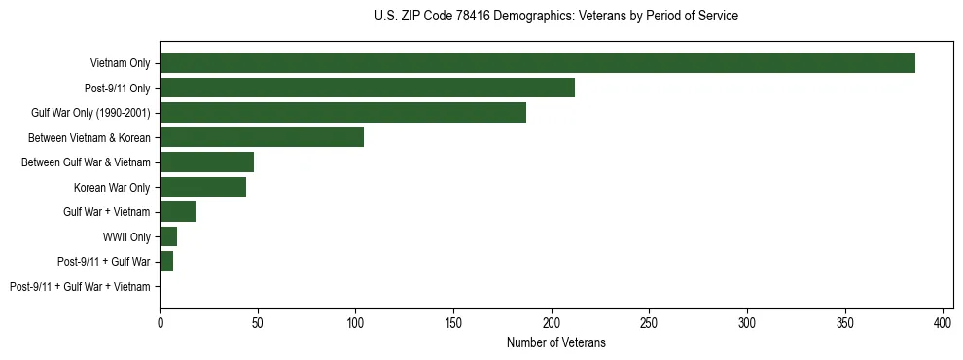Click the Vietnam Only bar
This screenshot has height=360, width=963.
point(537,63)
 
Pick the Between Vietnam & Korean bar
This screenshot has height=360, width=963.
point(262,137)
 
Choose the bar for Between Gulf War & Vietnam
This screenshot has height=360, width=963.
point(206,162)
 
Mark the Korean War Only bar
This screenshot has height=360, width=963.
point(202,187)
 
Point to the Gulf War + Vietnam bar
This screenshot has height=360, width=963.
point(178,212)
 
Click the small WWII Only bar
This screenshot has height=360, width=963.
point(168,236)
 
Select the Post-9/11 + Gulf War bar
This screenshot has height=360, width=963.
point(166,262)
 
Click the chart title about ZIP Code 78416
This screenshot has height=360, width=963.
point(555,17)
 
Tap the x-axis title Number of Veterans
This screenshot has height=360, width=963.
point(555,342)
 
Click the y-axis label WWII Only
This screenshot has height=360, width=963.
point(126,236)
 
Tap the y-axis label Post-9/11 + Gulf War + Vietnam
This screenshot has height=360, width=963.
point(80,287)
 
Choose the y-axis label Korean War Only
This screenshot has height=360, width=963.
point(112,187)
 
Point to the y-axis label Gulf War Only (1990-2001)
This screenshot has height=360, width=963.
point(90,113)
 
